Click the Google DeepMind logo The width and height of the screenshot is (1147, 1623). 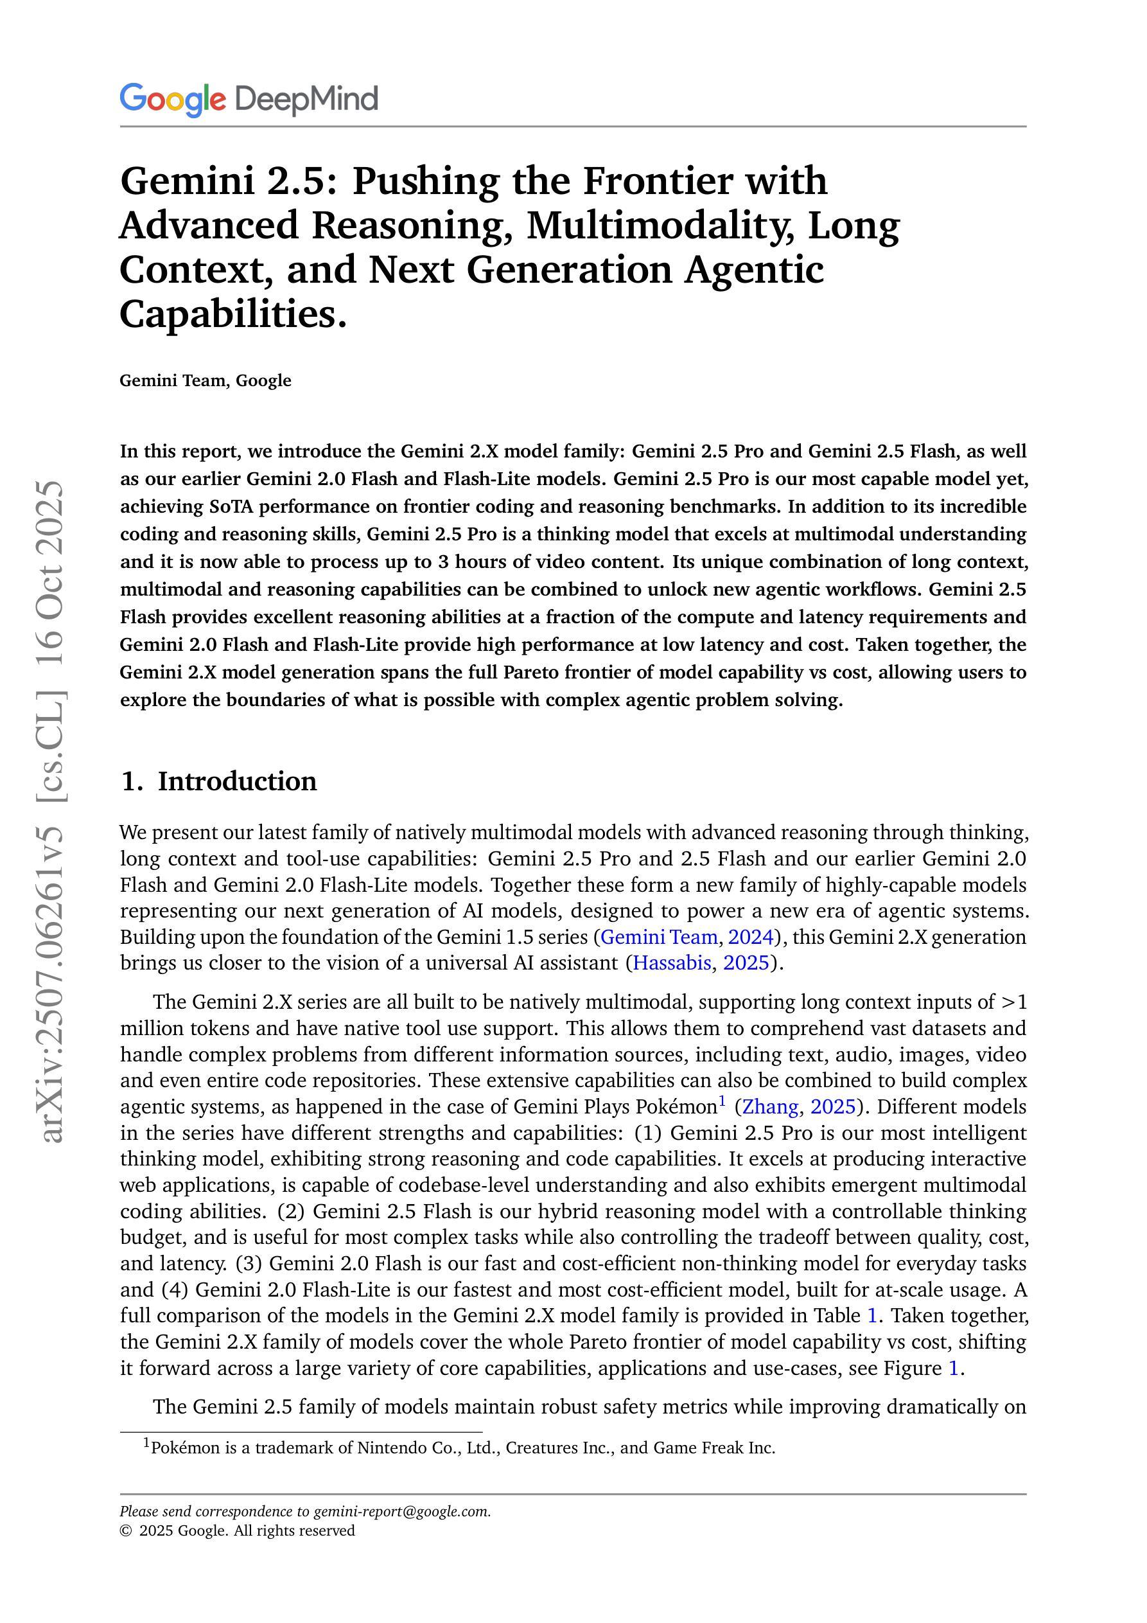[249, 99]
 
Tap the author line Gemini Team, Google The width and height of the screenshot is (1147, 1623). [205, 380]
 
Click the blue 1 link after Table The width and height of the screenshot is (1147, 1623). [872, 1315]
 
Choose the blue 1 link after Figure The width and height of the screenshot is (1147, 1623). [952, 1368]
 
